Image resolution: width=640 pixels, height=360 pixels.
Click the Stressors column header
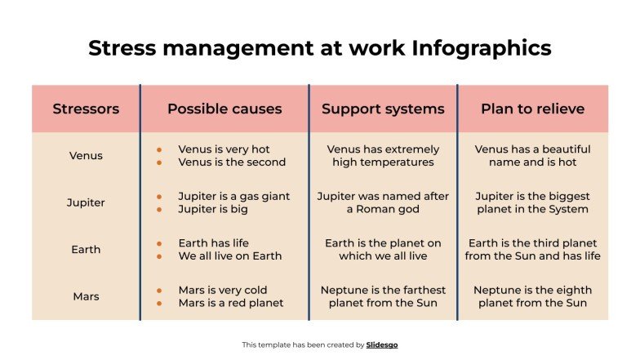click(86, 109)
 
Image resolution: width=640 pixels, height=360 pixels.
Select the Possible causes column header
click(224, 109)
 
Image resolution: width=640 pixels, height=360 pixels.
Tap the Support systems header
click(383, 109)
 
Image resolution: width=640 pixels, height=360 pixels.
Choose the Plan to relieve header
click(532, 109)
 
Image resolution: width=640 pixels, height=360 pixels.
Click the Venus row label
click(86, 155)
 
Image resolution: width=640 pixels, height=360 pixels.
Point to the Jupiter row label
click(86, 202)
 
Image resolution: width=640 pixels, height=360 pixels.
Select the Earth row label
click(86, 249)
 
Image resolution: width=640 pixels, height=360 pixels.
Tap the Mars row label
click(86, 296)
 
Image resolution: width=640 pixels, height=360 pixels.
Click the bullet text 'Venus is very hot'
click(224, 149)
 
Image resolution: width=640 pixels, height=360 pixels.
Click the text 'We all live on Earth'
click(229, 256)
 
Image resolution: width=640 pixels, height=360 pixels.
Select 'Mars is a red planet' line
click(230, 303)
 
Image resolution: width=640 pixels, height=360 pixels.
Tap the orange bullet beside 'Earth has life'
click(160, 243)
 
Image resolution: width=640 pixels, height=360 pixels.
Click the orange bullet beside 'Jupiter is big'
click(160, 209)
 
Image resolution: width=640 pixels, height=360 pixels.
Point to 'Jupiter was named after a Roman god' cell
click(383, 202)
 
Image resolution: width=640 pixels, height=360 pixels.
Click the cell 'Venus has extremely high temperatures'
click(383, 155)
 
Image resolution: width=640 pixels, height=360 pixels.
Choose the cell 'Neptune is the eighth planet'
click(532, 296)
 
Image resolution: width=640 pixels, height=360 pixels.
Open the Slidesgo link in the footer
click(382, 344)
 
